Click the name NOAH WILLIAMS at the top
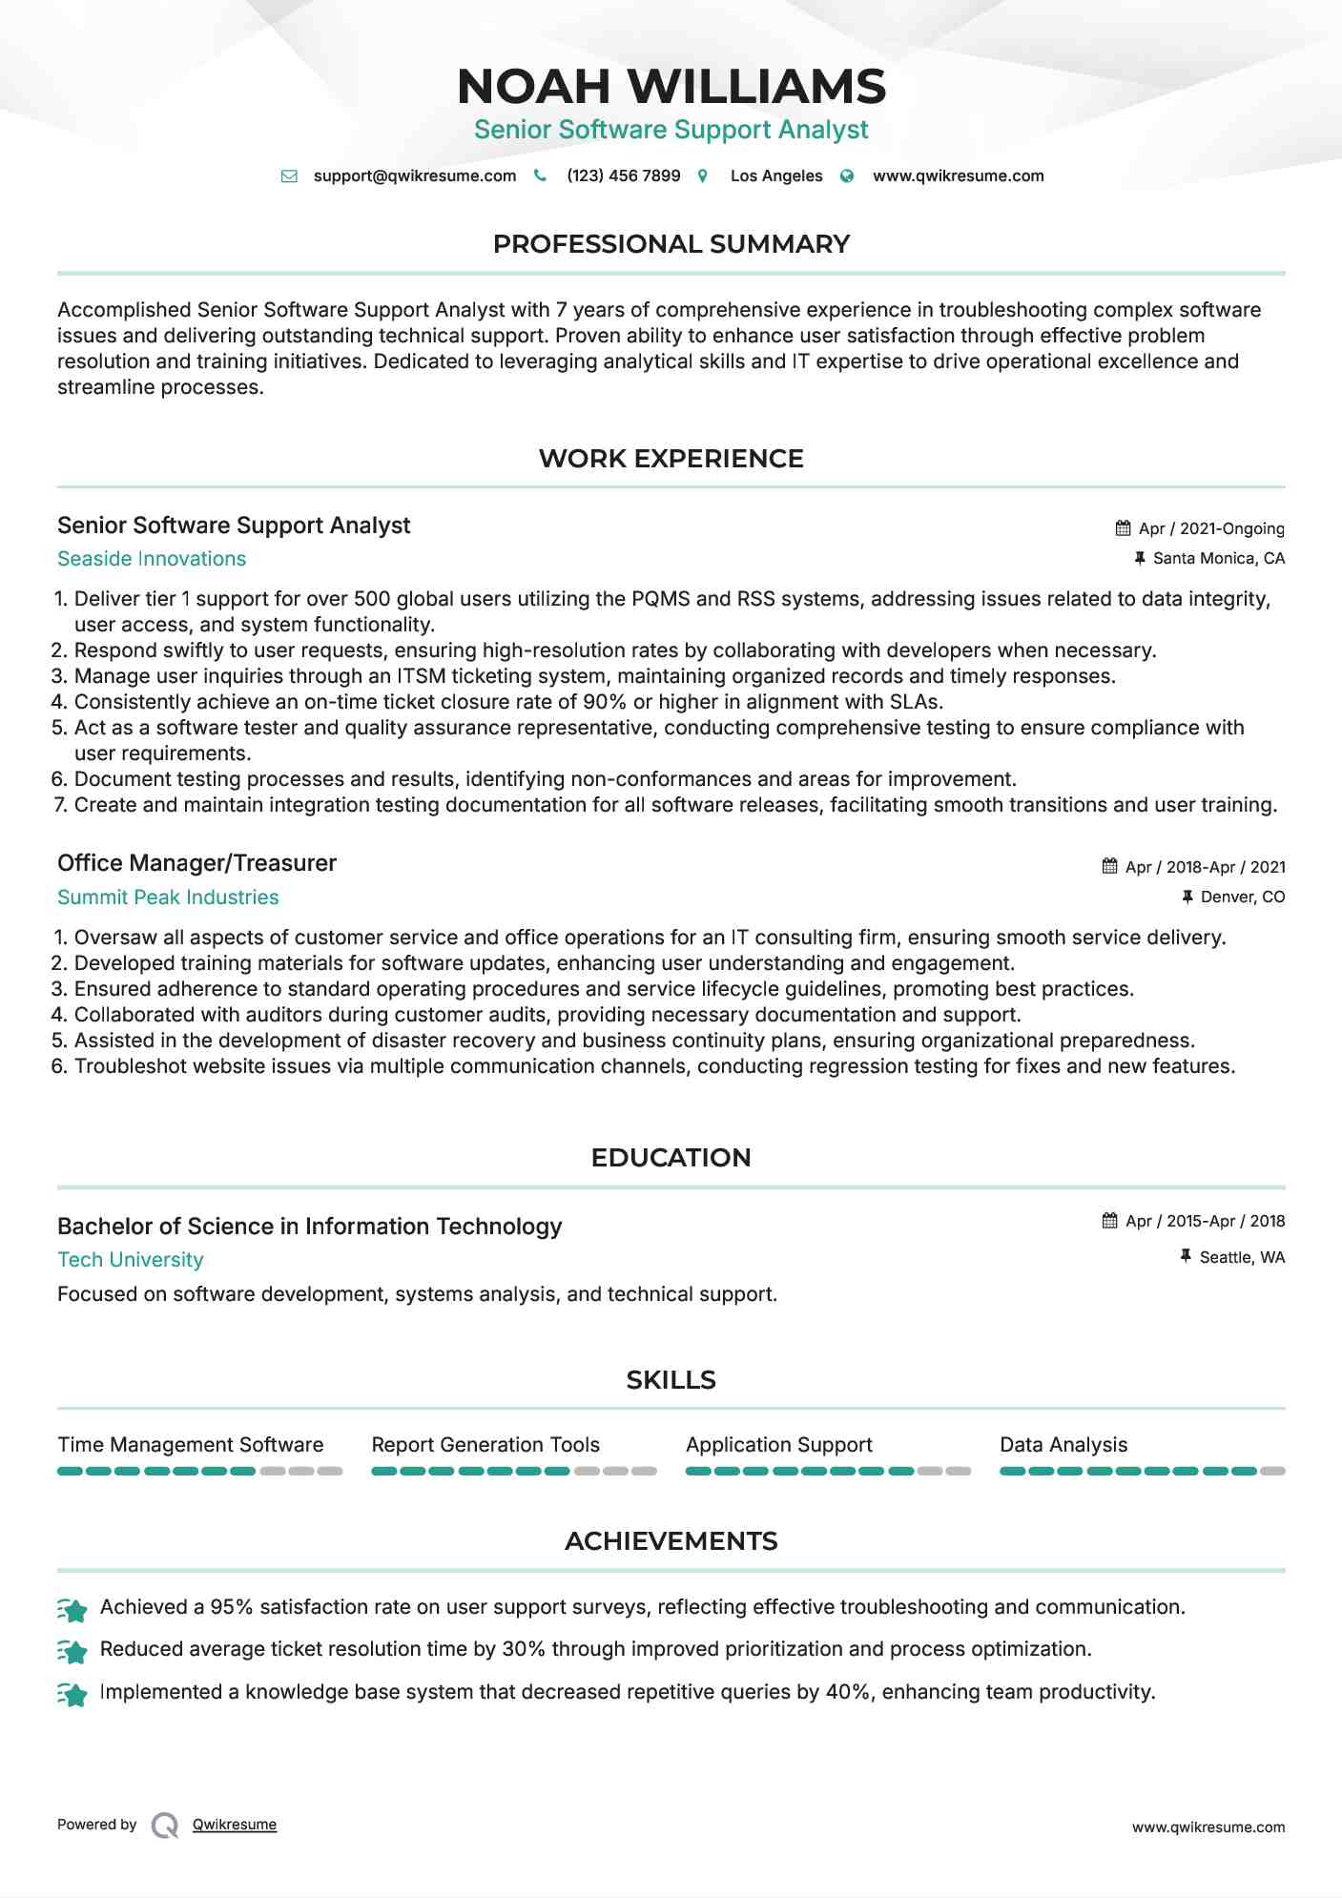[x=671, y=86]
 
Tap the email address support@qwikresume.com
[x=414, y=175]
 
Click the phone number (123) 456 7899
[x=623, y=175]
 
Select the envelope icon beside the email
[x=289, y=176]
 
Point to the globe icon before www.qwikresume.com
[x=847, y=176]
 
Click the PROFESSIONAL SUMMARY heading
[x=671, y=244]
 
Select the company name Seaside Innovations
[x=152, y=559]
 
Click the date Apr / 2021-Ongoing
[x=1211, y=528]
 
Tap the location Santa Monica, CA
[x=1218, y=558]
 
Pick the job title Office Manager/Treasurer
[x=196, y=863]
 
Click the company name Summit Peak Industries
[x=168, y=897]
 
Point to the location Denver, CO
[x=1242, y=897]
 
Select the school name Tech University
[x=131, y=1260]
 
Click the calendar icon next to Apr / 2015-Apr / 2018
[x=1109, y=1221]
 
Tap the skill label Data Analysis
[x=1063, y=1445]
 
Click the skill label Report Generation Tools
[x=485, y=1445]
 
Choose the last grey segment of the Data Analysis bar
[x=1272, y=1472]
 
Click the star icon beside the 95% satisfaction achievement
[x=72, y=1610]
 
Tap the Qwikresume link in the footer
[x=235, y=1825]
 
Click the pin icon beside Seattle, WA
[x=1186, y=1257]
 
